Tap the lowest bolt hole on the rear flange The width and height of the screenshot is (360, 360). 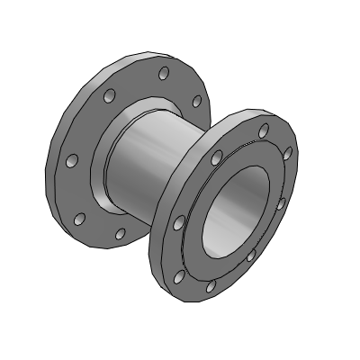point(119,234)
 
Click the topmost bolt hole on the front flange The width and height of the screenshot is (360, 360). point(263,131)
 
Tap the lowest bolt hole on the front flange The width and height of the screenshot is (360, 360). point(210,286)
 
